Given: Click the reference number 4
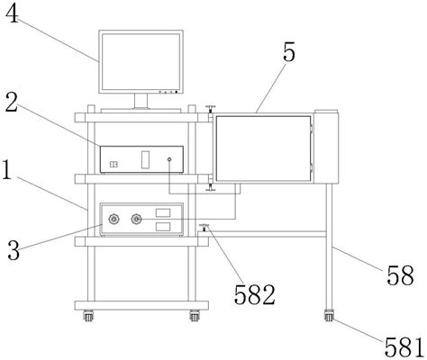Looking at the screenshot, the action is point(12,14).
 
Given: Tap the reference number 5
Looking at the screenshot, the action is point(289,52).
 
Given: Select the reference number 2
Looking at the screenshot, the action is point(12,103).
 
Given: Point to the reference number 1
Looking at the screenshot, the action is point(7,170).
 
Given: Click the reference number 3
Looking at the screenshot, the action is point(14,250).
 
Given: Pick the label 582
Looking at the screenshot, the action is point(255,294).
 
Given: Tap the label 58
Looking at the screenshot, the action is point(400,275).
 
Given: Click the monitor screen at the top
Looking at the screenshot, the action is point(141,61).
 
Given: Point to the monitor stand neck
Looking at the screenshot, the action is point(141,101).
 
